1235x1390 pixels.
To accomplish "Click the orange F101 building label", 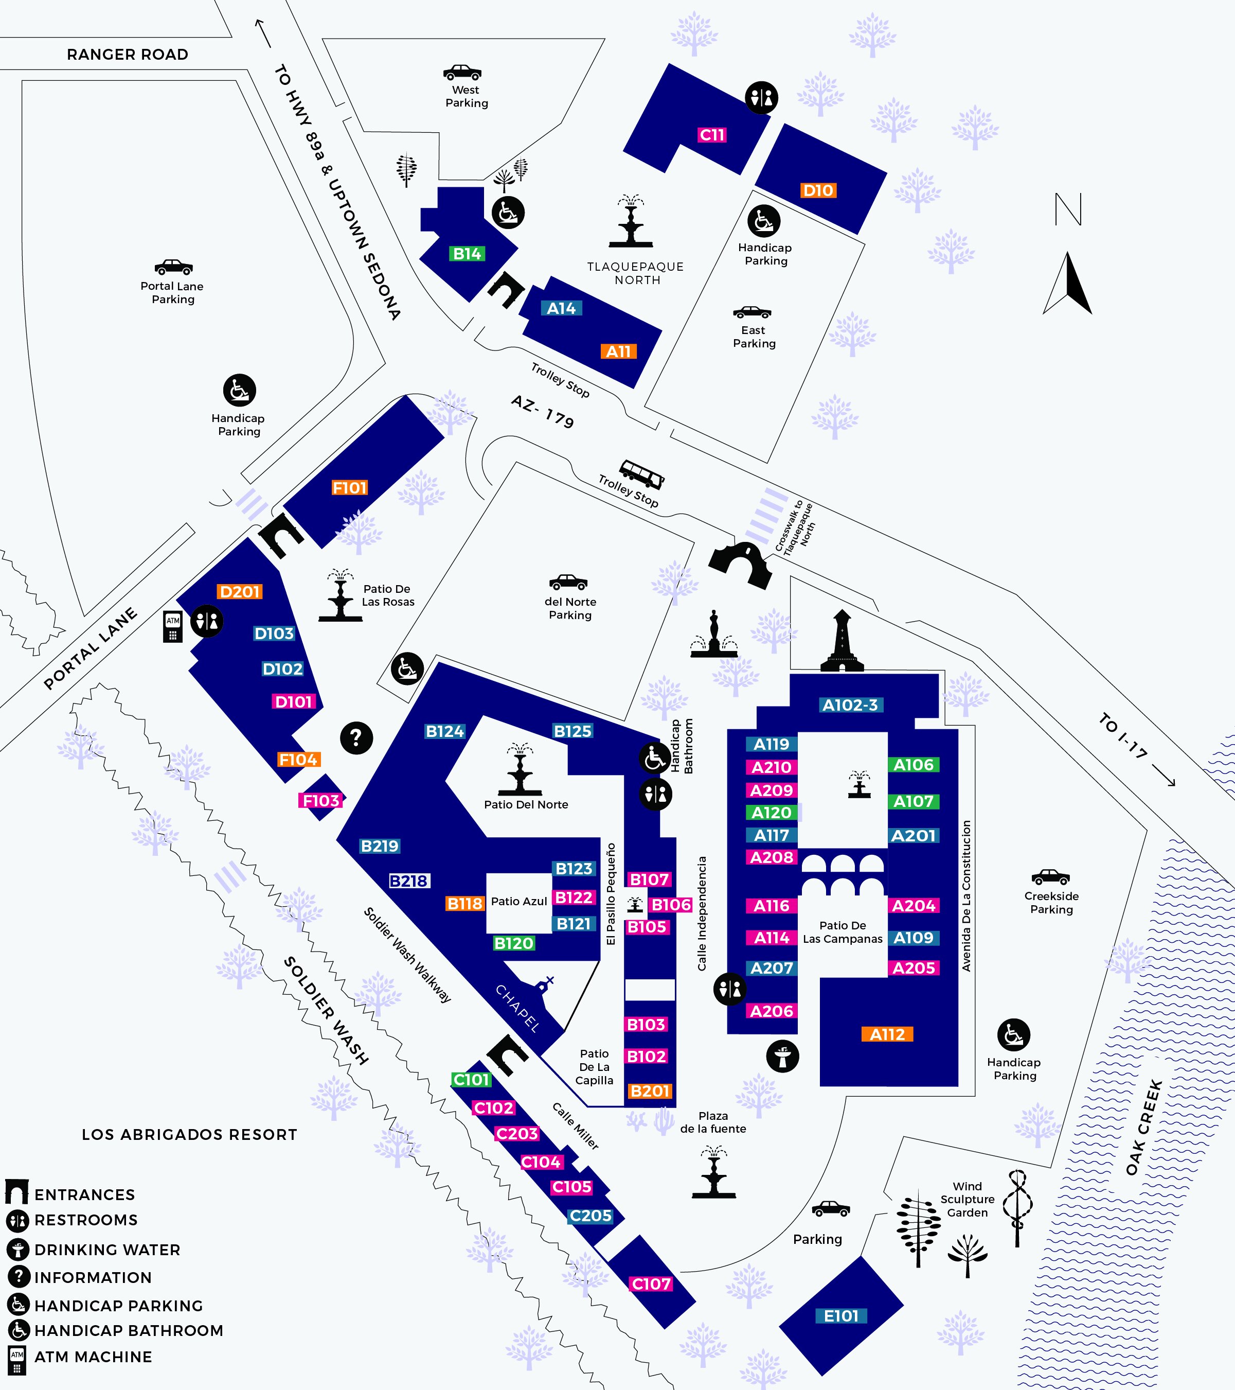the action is click(349, 487).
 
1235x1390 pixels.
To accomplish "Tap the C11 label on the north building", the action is click(712, 135).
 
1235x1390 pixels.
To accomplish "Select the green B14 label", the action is click(467, 254).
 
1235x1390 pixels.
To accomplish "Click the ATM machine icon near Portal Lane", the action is click(173, 626).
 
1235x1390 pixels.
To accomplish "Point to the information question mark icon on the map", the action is click(356, 737).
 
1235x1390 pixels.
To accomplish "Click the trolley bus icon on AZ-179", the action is click(641, 473).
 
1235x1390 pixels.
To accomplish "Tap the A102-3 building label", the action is click(850, 705).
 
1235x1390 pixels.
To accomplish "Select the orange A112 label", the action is click(888, 1034).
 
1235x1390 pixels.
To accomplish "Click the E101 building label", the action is click(841, 1316).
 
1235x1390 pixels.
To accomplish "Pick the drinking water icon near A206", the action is click(782, 1056).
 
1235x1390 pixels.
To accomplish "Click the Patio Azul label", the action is click(518, 901).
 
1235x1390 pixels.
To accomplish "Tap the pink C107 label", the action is click(651, 1284).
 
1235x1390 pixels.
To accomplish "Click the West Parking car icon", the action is click(462, 72).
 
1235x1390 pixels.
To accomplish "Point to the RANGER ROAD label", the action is click(127, 55).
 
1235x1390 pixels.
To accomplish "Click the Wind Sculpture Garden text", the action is click(967, 1199).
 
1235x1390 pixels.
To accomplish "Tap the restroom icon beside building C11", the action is click(761, 98).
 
